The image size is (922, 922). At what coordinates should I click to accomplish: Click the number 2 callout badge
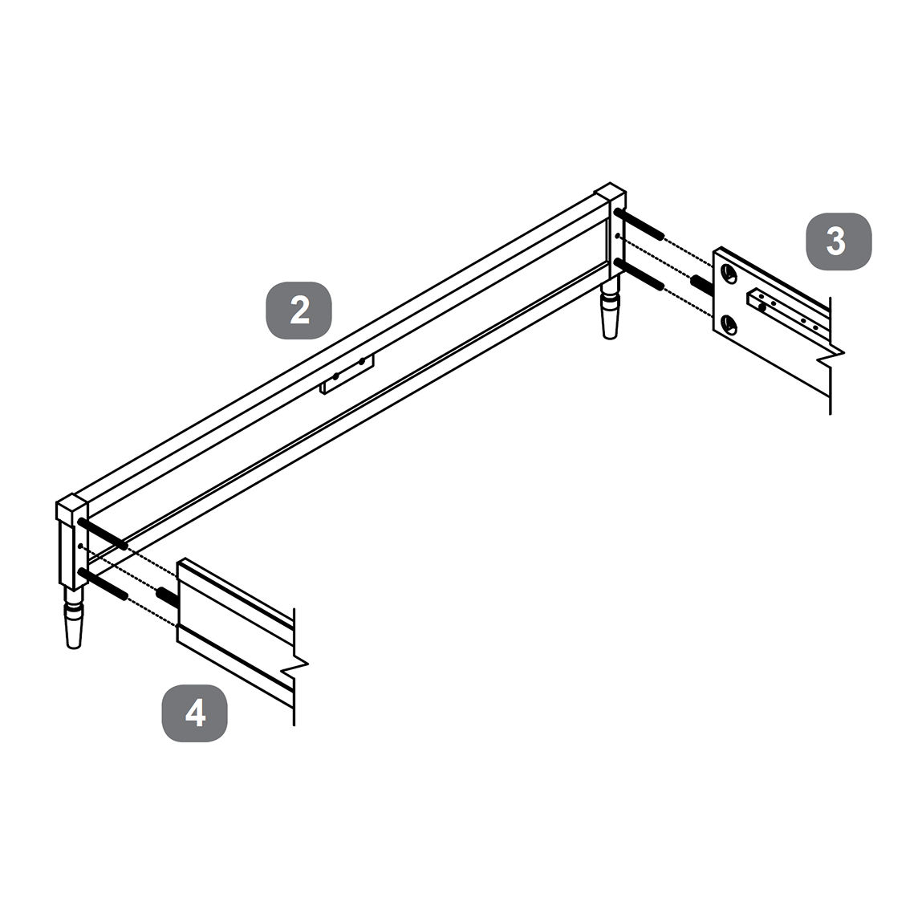[x=299, y=311]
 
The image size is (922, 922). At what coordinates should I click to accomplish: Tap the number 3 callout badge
[x=839, y=241]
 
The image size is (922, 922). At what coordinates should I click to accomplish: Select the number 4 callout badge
[x=195, y=713]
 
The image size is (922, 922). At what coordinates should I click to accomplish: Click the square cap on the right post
[x=610, y=197]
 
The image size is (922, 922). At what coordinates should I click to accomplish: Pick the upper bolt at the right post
[x=639, y=224]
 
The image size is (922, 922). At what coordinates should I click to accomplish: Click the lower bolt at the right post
[x=639, y=274]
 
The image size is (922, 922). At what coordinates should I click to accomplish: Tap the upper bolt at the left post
[x=102, y=534]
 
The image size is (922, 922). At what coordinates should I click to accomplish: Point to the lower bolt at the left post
[x=103, y=584]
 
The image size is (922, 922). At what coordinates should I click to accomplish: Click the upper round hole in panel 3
[x=729, y=273]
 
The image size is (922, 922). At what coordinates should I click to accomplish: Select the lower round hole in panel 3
[x=729, y=323]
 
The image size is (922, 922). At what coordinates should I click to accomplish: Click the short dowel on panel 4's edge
[x=166, y=595]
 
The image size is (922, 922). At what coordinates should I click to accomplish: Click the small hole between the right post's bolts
[x=617, y=236]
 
